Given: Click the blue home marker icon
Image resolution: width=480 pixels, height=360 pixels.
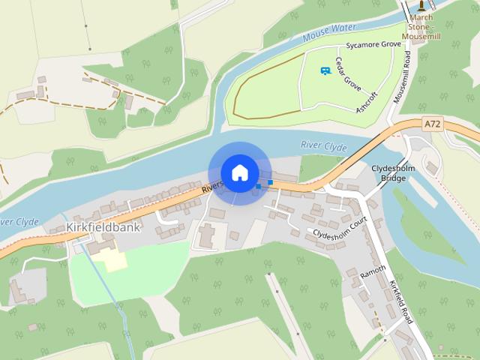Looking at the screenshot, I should (239, 172).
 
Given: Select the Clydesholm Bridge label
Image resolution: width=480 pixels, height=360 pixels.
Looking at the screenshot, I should (388, 173).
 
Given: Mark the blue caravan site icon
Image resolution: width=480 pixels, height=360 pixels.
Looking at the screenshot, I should (325, 70).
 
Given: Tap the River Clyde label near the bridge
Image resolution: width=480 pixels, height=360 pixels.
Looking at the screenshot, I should (323, 145).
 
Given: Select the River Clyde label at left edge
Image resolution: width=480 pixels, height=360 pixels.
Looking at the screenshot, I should (16, 223).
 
